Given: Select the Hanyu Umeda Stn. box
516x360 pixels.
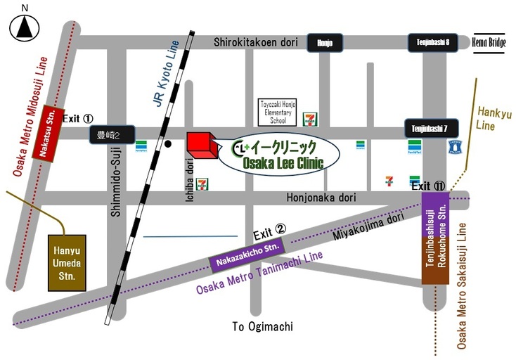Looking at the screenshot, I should (x=66, y=262).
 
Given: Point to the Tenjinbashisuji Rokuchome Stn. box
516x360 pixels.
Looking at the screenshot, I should (x=434, y=239).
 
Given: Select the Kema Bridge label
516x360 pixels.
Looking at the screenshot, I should (x=490, y=43).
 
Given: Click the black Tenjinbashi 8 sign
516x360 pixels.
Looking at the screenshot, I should (x=432, y=43).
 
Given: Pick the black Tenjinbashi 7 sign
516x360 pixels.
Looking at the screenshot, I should (x=430, y=129).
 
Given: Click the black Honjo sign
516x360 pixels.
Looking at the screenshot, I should (x=325, y=43).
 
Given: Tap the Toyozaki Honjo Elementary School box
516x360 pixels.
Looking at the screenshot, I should (x=278, y=112).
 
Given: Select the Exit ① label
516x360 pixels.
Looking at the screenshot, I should (x=77, y=119).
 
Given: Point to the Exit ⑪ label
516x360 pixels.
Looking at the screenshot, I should (x=428, y=186).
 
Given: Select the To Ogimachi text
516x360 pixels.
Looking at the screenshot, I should (x=262, y=327).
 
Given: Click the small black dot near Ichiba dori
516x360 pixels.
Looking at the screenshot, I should (x=168, y=144).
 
